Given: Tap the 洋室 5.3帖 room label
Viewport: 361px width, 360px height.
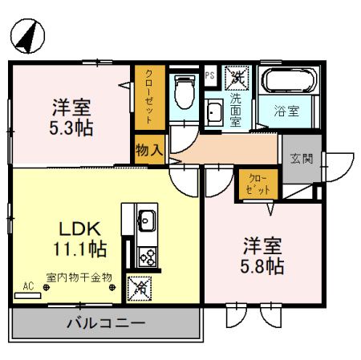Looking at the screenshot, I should click(x=71, y=116).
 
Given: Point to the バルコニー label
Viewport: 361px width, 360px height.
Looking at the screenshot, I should click(x=105, y=325).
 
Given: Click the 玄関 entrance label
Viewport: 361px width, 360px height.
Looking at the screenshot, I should click(x=302, y=159).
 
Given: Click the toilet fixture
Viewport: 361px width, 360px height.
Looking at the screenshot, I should click(x=185, y=92).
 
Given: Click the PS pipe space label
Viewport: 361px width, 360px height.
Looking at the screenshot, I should click(x=210, y=77).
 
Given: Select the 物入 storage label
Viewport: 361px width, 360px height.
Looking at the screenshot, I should click(x=150, y=150).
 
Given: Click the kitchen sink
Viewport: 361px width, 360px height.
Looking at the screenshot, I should click(x=148, y=218).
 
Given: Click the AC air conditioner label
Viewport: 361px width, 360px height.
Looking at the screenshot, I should click(x=29, y=285).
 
